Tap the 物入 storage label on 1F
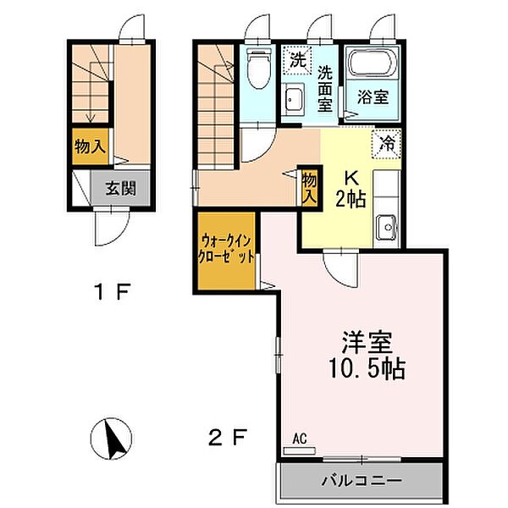tap(90, 146)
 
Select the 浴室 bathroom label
tap(373, 96)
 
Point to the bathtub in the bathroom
tap(373, 65)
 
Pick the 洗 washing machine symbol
tap(296, 60)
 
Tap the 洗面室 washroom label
tap(325, 89)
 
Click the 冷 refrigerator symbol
tap(387, 144)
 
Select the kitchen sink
tap(387, 225)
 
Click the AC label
tap(298, 439)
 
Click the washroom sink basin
tap(295, 99)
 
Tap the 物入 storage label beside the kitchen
tap(309, 187)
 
